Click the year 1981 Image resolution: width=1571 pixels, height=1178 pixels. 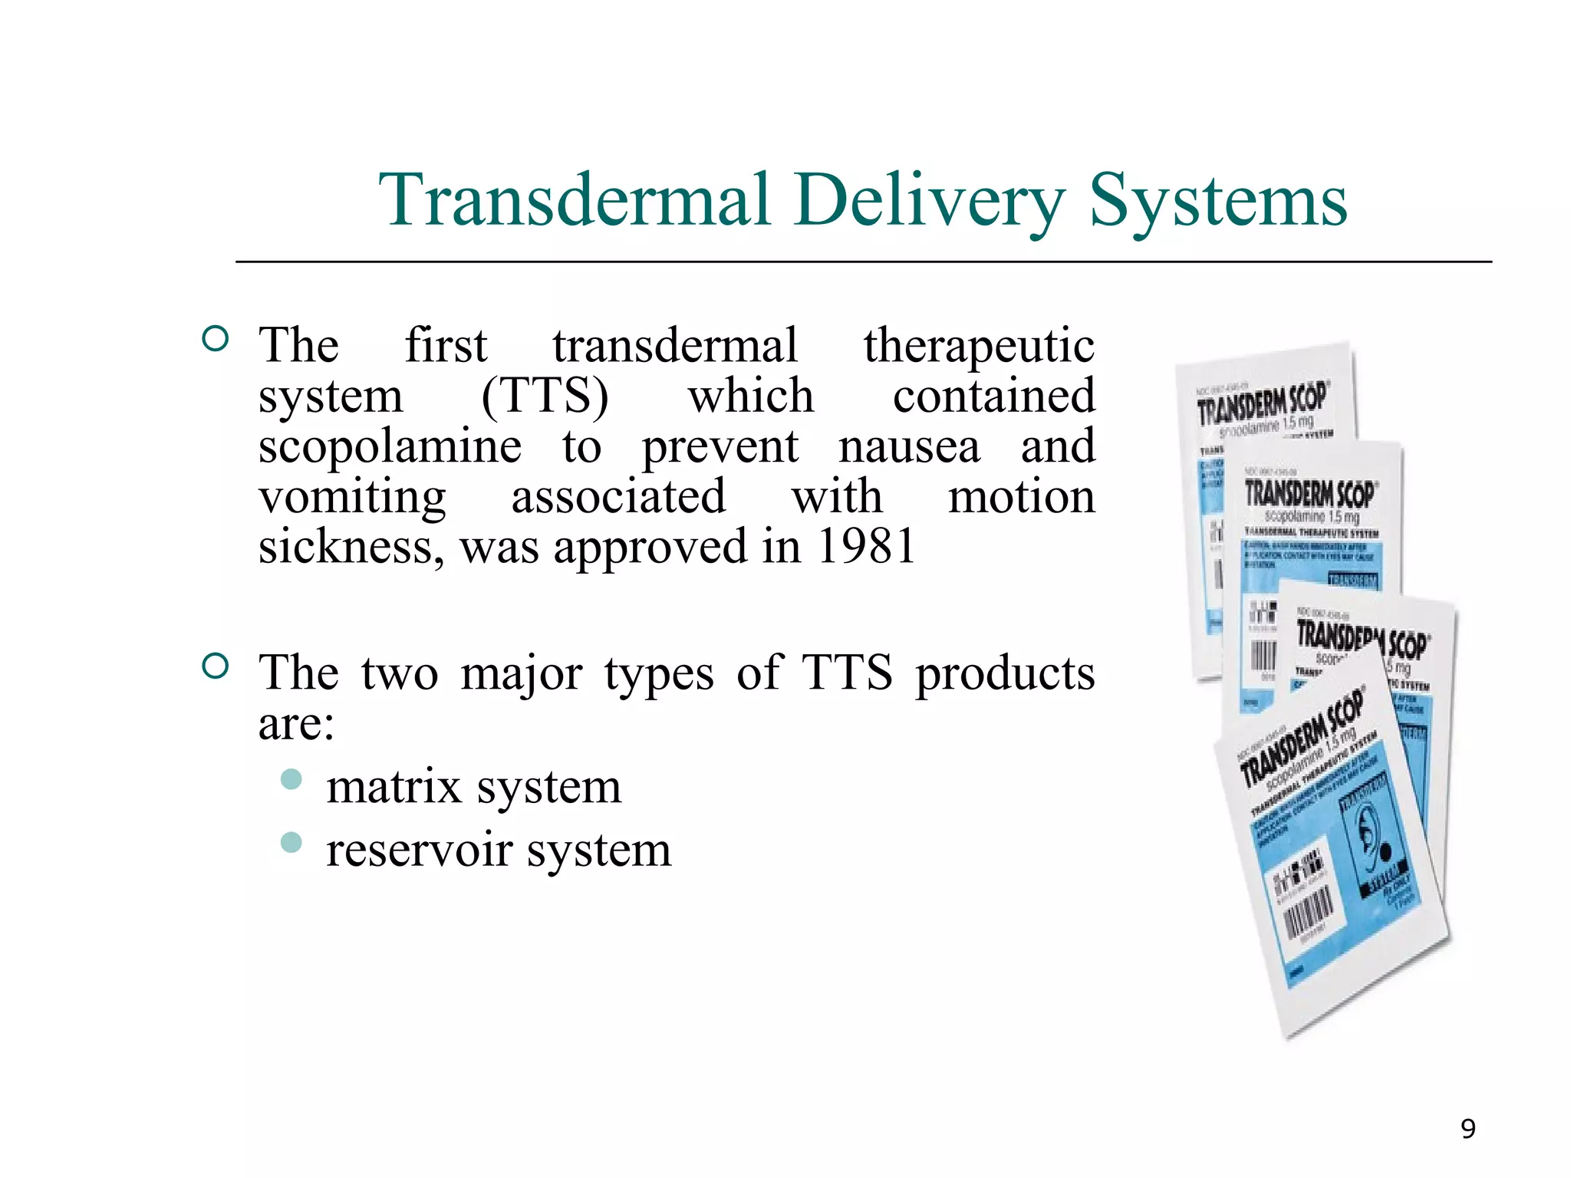pos(866,548)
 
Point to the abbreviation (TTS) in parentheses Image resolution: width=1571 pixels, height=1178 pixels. pos(545,397)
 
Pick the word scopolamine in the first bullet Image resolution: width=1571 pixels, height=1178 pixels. pos(390,448)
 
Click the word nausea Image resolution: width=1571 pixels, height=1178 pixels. pos(909,446)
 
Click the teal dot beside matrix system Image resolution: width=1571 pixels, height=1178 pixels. pos(291,780)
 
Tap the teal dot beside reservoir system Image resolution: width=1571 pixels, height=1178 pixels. pos(291,843)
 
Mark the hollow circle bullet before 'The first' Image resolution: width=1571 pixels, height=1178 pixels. pos(216,338)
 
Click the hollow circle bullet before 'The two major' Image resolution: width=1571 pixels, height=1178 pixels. pos(216,666)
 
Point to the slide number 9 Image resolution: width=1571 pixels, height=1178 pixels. pos(1467,1129)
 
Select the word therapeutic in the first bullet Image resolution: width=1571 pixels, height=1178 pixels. pos(979,347)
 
